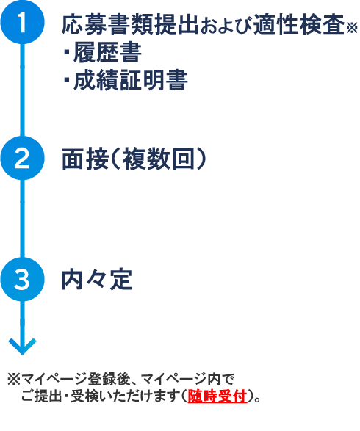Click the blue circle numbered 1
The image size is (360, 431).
[22, 22]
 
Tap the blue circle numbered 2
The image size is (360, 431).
[22, 158]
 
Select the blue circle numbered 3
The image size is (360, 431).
[22, 279]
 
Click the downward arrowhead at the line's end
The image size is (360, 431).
[22, 347]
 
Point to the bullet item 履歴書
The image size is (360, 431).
[103, 53]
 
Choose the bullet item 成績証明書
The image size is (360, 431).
[126, 80]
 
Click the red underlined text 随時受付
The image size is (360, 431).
[217, 396]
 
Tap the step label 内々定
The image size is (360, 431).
[96, 280]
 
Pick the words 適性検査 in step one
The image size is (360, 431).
[299, 24]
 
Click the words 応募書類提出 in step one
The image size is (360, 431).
[130, 24]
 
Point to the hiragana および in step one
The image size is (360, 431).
[226, 26]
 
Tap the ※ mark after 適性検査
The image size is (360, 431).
[352, 27]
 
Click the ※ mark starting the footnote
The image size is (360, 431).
[14, 379]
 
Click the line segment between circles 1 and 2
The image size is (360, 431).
[22, 90]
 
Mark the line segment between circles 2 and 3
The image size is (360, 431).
[22, 219]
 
